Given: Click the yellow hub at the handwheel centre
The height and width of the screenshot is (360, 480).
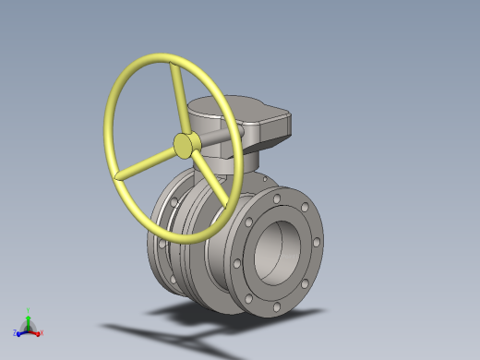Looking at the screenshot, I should pos(186,144).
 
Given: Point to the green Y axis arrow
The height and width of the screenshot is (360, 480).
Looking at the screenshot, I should pos(28,318).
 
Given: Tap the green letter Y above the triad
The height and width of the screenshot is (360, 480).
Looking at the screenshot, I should pos(29,310).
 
